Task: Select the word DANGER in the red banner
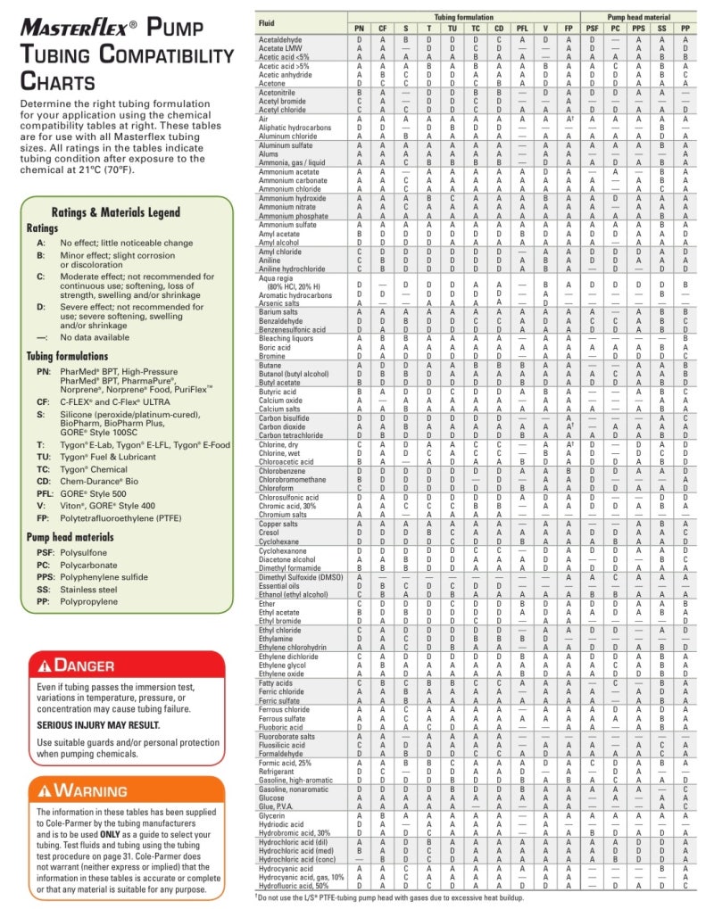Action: point(85,665)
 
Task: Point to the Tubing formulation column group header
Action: point(463,17)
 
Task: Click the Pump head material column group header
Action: point(639,17)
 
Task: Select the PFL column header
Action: point(522,29)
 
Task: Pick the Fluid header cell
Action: point(267,21)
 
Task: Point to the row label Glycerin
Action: point(272,815)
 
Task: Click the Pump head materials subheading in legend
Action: point(70,537)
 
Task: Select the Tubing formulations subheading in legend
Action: point(67,356)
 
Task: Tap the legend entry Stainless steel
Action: point(88,590)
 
